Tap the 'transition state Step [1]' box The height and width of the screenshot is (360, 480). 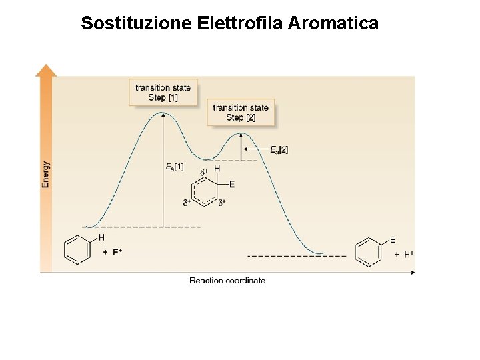pos(163,93)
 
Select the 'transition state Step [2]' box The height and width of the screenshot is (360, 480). pos(241,113)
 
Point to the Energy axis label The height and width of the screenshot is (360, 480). pos(45,174)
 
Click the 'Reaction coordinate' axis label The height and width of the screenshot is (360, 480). pos(227,281)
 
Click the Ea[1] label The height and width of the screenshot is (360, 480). pos(175,166)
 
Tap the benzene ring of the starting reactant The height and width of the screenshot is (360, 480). pos(77,250)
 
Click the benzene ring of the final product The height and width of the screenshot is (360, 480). pos(368,253)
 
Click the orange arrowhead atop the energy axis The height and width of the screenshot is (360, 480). pos(46,70)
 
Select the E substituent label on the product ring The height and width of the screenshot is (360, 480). pos(393,240)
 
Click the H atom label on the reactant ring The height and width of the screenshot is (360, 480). pos(102,237)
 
